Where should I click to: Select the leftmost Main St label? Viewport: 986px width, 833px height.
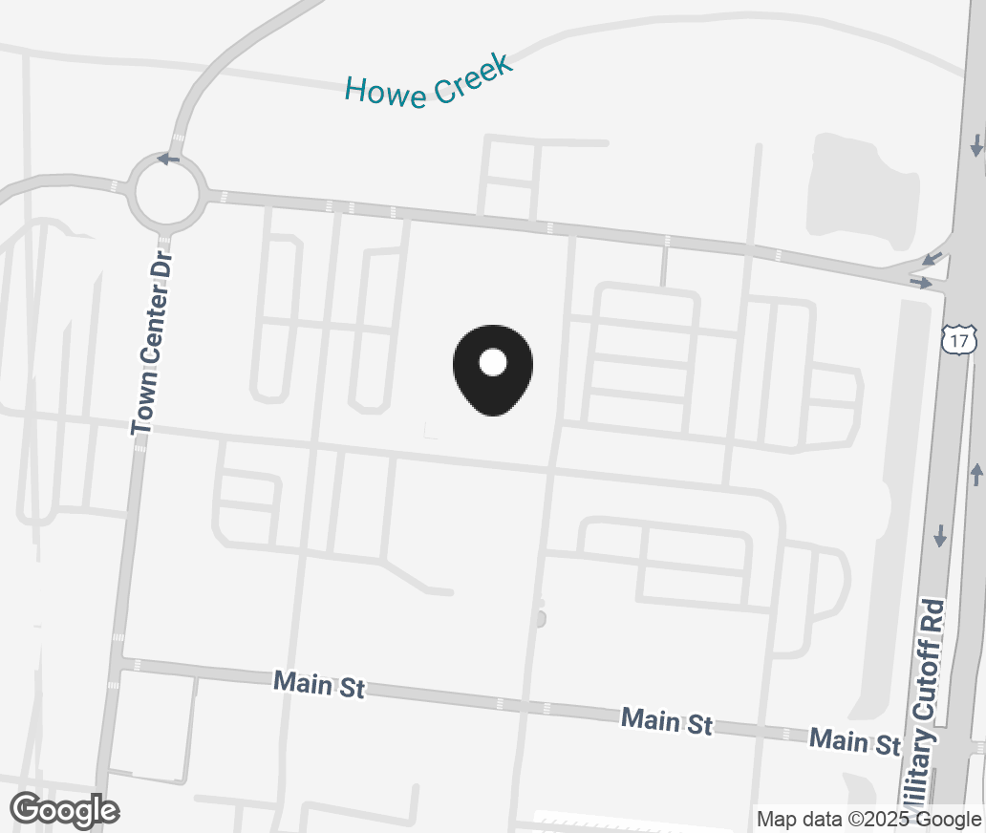319,684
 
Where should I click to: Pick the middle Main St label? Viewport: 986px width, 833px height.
667,721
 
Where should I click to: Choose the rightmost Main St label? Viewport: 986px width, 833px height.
855,740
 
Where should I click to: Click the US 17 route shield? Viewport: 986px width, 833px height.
959,339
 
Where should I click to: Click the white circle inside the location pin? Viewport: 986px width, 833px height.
492,362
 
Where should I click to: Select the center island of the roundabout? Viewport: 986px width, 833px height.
167,193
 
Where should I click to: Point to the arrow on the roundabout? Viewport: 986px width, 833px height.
168,159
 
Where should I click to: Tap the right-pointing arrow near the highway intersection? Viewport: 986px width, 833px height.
921,283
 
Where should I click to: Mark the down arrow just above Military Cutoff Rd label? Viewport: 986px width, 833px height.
940,536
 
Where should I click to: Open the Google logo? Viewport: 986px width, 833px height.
64,810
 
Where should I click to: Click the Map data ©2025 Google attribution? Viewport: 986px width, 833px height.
868,819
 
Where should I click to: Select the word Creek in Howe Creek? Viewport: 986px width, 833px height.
471,78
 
